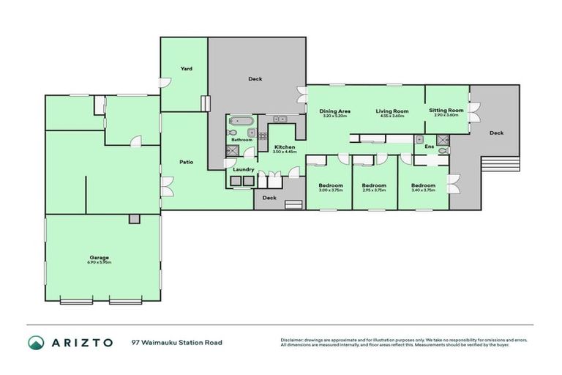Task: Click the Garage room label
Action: [x=100, y=257]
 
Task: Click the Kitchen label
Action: [x=285, y=146]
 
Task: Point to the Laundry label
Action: [x=244, y=170]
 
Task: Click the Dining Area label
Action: [x=334, y=111]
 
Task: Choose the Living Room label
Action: [x=392, y=111]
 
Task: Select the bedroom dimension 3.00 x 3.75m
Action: [x=331, y=190]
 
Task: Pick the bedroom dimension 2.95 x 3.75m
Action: [x=374, y=190]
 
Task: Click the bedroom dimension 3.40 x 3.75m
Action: [x=423, y=190]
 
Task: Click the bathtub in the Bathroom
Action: [x=240, y=122]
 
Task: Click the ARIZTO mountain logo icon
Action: [x=36, y=342]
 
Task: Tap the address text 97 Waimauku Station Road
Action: [x=176, y=342]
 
